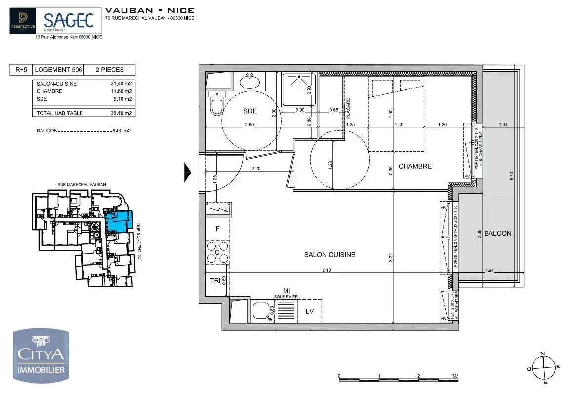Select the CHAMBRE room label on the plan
tap(415, 166)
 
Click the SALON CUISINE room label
tap(329, 255)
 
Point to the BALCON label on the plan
tap(497, 233)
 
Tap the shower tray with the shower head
tap(298, 89)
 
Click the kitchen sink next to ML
tap(262, 311)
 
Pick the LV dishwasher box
tap(310, 311)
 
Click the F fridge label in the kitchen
tap(217, 229)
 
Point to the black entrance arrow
tap(187, 173)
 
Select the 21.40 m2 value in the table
tap(121, 84)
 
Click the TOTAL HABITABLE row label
tap(60, 113)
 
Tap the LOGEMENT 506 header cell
tap(58, 70)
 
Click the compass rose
tap(542, 367)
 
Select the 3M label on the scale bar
tap(455, 376)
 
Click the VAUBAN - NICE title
tap(150, 10)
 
